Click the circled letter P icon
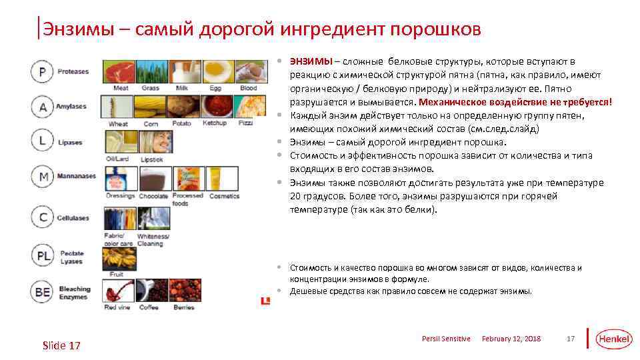[42, 72]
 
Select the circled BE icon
[42, 292]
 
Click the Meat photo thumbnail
[118, 71]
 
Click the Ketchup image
[215, 107]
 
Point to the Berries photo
[185, 291]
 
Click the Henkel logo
[613, 339]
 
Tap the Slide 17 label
[61, 345]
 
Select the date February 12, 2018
[511, 339]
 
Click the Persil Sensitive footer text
[446, 339]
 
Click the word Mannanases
[76, 177]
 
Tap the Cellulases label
[73, 218]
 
